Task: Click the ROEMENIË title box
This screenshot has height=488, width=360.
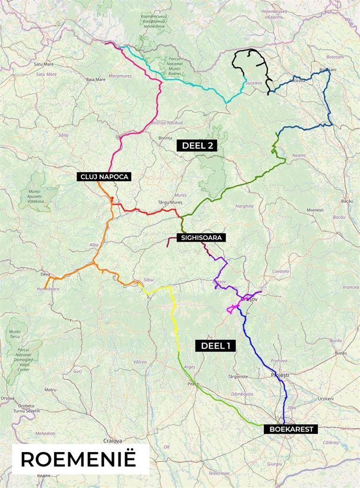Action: point(78,459)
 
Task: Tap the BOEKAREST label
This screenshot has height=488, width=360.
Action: point(291,429)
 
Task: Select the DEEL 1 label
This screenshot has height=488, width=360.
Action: point(216,345)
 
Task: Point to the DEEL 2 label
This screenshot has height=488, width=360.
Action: point(197,145)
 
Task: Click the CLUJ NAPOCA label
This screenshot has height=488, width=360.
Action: point(104,177)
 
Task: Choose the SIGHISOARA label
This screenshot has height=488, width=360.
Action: point(201,237)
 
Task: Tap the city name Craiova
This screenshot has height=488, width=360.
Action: point(112,440)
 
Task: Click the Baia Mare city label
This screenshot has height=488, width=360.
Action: point(95,79)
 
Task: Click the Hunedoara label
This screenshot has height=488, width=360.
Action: point(49,289)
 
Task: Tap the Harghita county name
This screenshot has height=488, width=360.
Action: point(245,206)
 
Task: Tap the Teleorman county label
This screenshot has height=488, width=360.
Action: point(219,473)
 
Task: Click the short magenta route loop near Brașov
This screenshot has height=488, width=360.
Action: point(232,308)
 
